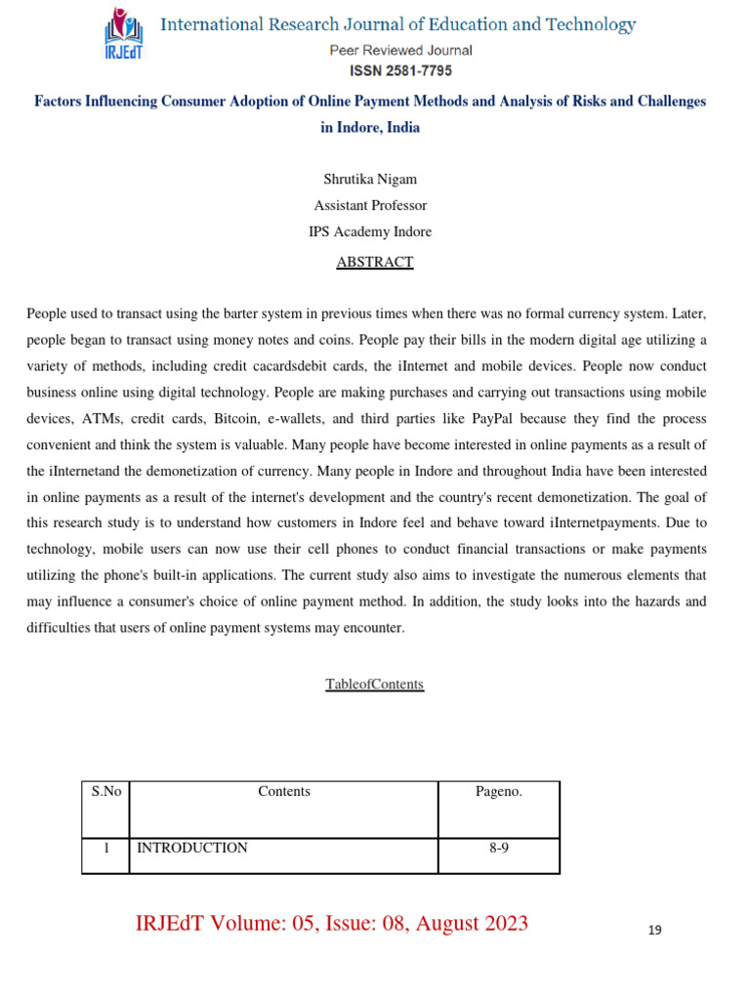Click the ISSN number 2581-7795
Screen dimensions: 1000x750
pos(400,70)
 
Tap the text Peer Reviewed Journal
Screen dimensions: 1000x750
pos(400,51)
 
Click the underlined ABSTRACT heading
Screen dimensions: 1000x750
pos(375,262)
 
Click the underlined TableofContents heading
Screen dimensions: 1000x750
pos(375,684)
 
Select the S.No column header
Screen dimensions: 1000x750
pos(105,791)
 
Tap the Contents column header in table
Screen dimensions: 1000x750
pos(284,791)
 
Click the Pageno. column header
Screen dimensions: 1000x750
pos(499,791)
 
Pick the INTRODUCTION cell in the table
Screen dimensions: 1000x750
pos(192,848)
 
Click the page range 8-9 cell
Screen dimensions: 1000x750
pos(499,848)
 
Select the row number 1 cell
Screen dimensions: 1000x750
pos(105,848)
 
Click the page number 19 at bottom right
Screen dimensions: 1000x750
pos(654,930)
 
